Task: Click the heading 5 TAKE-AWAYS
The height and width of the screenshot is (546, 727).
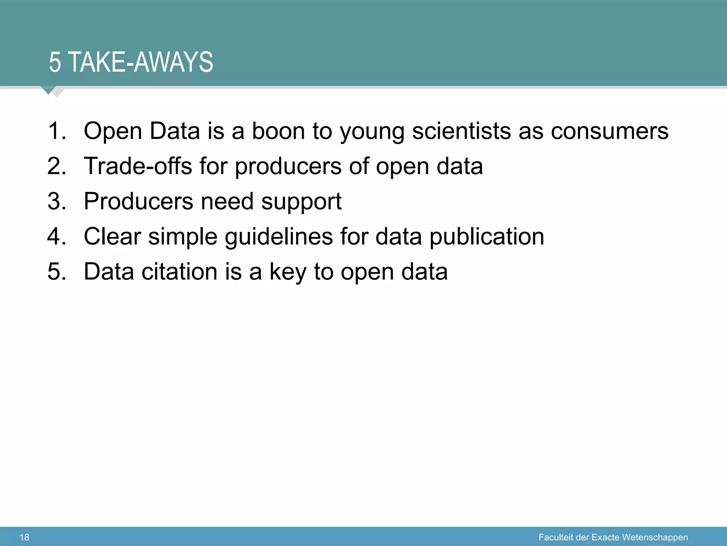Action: pyautogui.click(x=131, y=63)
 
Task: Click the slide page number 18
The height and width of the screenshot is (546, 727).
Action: pyautogui.click(x=24, y=537)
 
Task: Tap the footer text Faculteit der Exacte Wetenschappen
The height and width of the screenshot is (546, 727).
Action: pyautogui.click(x=613, y=537)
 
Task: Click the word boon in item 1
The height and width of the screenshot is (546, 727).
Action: pyautogui.click(x=278, y=131)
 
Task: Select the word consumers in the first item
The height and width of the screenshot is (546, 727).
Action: pyautogui.click(x=610, y=131)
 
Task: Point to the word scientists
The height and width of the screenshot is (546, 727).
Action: pyautogui.click(x=461, y=131)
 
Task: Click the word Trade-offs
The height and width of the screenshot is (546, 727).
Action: pyautogui.click(x=138, y=166)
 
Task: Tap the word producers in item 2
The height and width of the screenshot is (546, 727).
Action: pyautogui.click(x=288, y=166)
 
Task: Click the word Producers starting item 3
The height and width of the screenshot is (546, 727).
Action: pyautogui.click(x=138, y=201)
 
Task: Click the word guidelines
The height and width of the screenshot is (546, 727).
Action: pyautogui.click(x=279, y=237)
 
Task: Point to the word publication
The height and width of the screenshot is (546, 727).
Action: pyautogui.click(x=487, y=237)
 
